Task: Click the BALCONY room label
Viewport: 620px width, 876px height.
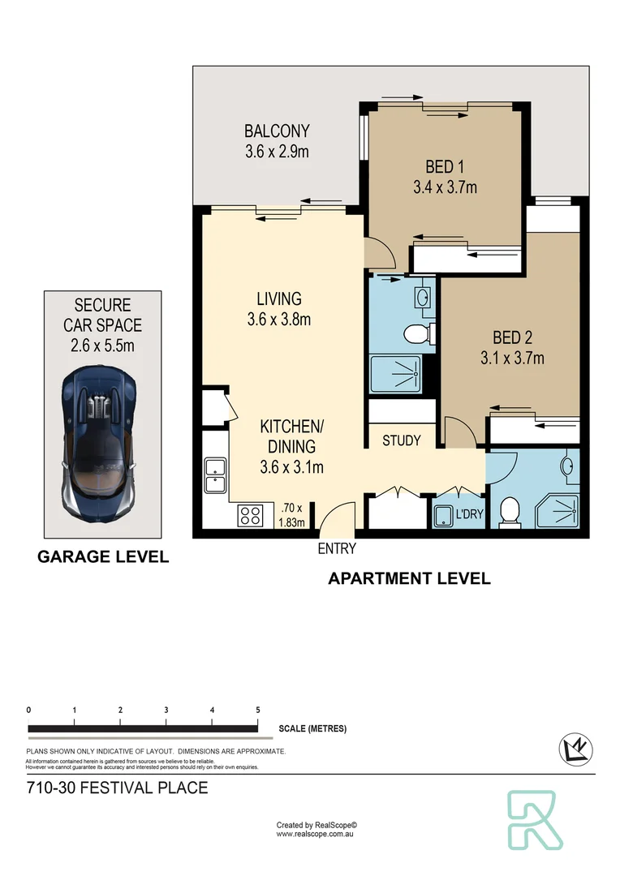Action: (278, 131)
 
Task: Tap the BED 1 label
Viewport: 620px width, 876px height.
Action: (445, 167)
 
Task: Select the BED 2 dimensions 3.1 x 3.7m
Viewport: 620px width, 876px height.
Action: (513, 358)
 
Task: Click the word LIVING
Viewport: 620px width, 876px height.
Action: (279, 299)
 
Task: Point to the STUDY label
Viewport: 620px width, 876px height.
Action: (402, 440)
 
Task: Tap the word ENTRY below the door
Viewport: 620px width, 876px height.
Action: (337, 549)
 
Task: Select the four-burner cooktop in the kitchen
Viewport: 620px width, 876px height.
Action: (250, 515)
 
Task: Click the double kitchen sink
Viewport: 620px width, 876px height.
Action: (215, 474)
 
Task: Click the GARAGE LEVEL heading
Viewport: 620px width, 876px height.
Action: (103, 557)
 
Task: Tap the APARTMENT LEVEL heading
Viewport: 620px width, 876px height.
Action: (409, 578)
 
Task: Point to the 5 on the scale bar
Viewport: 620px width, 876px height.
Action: (258, 710)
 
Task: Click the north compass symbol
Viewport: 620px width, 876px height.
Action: (575, 749)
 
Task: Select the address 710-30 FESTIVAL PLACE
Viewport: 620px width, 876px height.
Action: (117, 788)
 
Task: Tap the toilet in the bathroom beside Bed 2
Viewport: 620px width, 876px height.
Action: (510, 513)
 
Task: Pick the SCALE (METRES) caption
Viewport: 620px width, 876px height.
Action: (312, 728)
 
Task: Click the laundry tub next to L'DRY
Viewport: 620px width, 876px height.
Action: (444, 516)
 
